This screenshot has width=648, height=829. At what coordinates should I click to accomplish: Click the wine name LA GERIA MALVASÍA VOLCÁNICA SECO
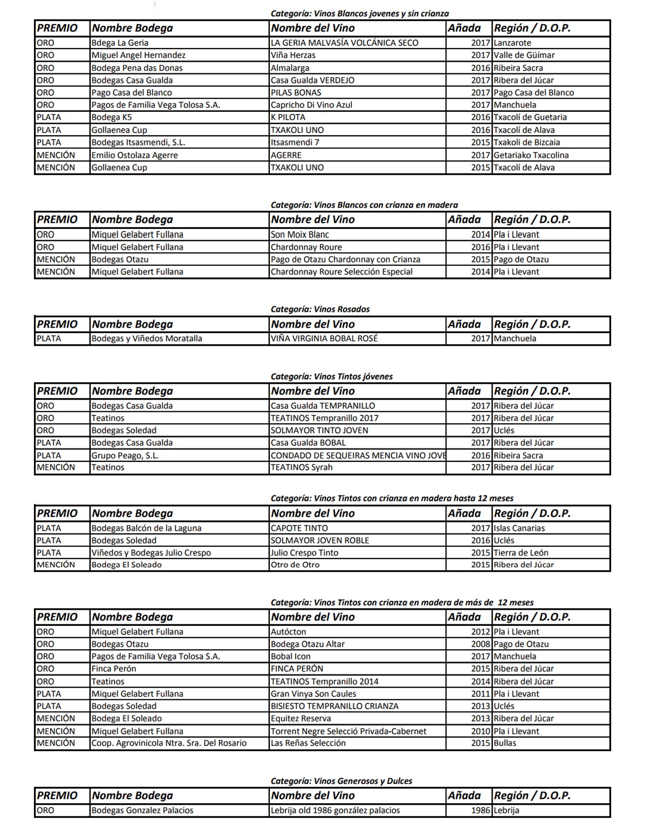click(x=344, y=43)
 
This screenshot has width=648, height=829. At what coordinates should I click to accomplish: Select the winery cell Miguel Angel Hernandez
click(x=138, y=55)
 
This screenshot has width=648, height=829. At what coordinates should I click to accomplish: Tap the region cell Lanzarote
click(x=512, y=43)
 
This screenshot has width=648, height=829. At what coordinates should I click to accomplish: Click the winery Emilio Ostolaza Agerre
click(x=134, y=155)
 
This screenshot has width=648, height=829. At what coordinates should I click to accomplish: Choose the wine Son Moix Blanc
click(x=300, y=234)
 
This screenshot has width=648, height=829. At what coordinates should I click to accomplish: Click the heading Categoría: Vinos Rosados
click(x=320, y=309)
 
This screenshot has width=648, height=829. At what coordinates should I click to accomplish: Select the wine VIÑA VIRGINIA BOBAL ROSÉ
click(x=324, y=338)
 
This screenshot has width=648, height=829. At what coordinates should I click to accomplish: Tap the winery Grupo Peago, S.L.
click(x=125, y=455)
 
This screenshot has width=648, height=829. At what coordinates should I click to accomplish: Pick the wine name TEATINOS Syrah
click(x=301, y=467)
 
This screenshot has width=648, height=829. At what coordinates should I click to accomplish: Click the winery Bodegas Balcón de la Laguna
click(x=146, y=528)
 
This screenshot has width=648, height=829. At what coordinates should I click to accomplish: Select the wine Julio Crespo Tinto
click(x=304, y=552)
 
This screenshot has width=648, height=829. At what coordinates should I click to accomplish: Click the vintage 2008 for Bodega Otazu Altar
click(x=480, y=644)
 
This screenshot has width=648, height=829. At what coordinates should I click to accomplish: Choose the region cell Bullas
click(x=505, y=743)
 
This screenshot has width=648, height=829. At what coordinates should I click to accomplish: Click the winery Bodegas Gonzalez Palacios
click(x=142, y=810)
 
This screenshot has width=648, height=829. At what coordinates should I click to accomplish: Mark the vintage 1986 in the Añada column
click(x=480, y=810)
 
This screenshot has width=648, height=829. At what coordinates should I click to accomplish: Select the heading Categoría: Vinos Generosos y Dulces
click(x=341, y=781)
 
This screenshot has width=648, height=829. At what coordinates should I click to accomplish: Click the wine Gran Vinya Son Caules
click(x=313, y=694)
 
